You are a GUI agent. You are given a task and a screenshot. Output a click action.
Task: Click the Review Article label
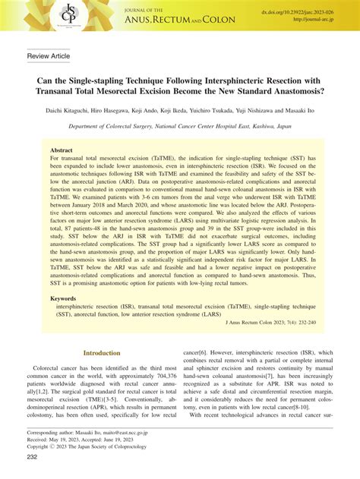(49, 57)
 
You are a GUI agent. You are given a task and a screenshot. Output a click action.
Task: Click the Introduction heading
(101, 353)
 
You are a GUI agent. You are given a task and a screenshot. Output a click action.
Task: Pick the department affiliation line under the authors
(180, 129)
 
